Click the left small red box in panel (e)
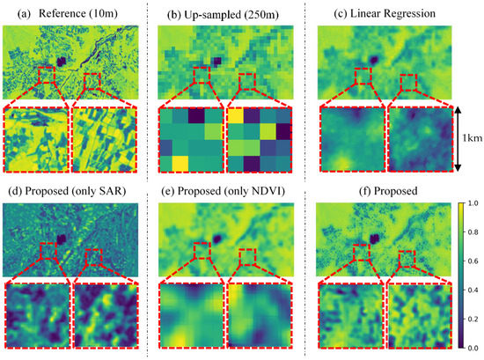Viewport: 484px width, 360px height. point(203,256)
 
